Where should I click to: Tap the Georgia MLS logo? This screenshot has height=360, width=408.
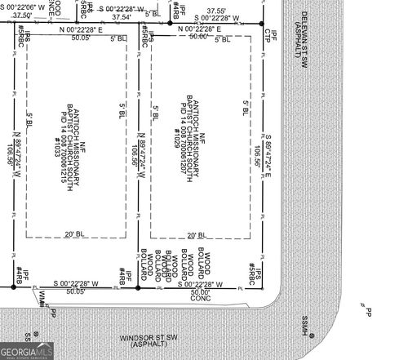point(29,351)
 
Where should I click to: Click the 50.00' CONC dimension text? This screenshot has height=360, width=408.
point(200,296)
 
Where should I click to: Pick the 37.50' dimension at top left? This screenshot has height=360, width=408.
point(23,15)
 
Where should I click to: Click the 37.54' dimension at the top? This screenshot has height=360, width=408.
point(121,16)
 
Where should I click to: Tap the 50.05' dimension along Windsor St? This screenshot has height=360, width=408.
point(75,290)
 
